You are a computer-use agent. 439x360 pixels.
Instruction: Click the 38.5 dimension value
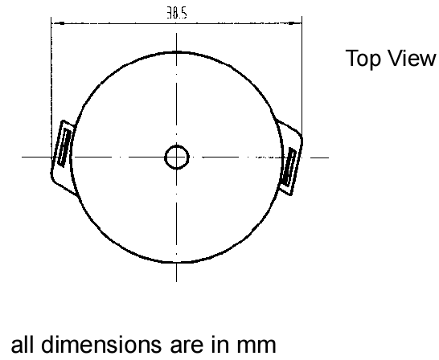coord(177,13)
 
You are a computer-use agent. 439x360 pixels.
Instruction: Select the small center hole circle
coord(177,157)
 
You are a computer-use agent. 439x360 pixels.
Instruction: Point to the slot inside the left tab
coord(64,146)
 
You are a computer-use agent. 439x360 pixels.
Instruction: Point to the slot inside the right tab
coord(289,167)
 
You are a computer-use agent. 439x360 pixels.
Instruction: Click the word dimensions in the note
coord(101,344)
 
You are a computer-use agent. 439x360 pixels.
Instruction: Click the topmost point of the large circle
coord(176,51)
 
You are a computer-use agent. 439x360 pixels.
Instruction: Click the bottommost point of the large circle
coord(176,263)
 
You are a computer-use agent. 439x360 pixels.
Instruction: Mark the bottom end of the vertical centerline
coord(176,282)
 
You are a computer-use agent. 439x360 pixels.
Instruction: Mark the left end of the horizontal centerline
coord(22,157)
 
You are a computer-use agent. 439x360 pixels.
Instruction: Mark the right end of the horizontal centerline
coord(329,157)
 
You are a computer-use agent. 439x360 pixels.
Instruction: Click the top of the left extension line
coord(51,17)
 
